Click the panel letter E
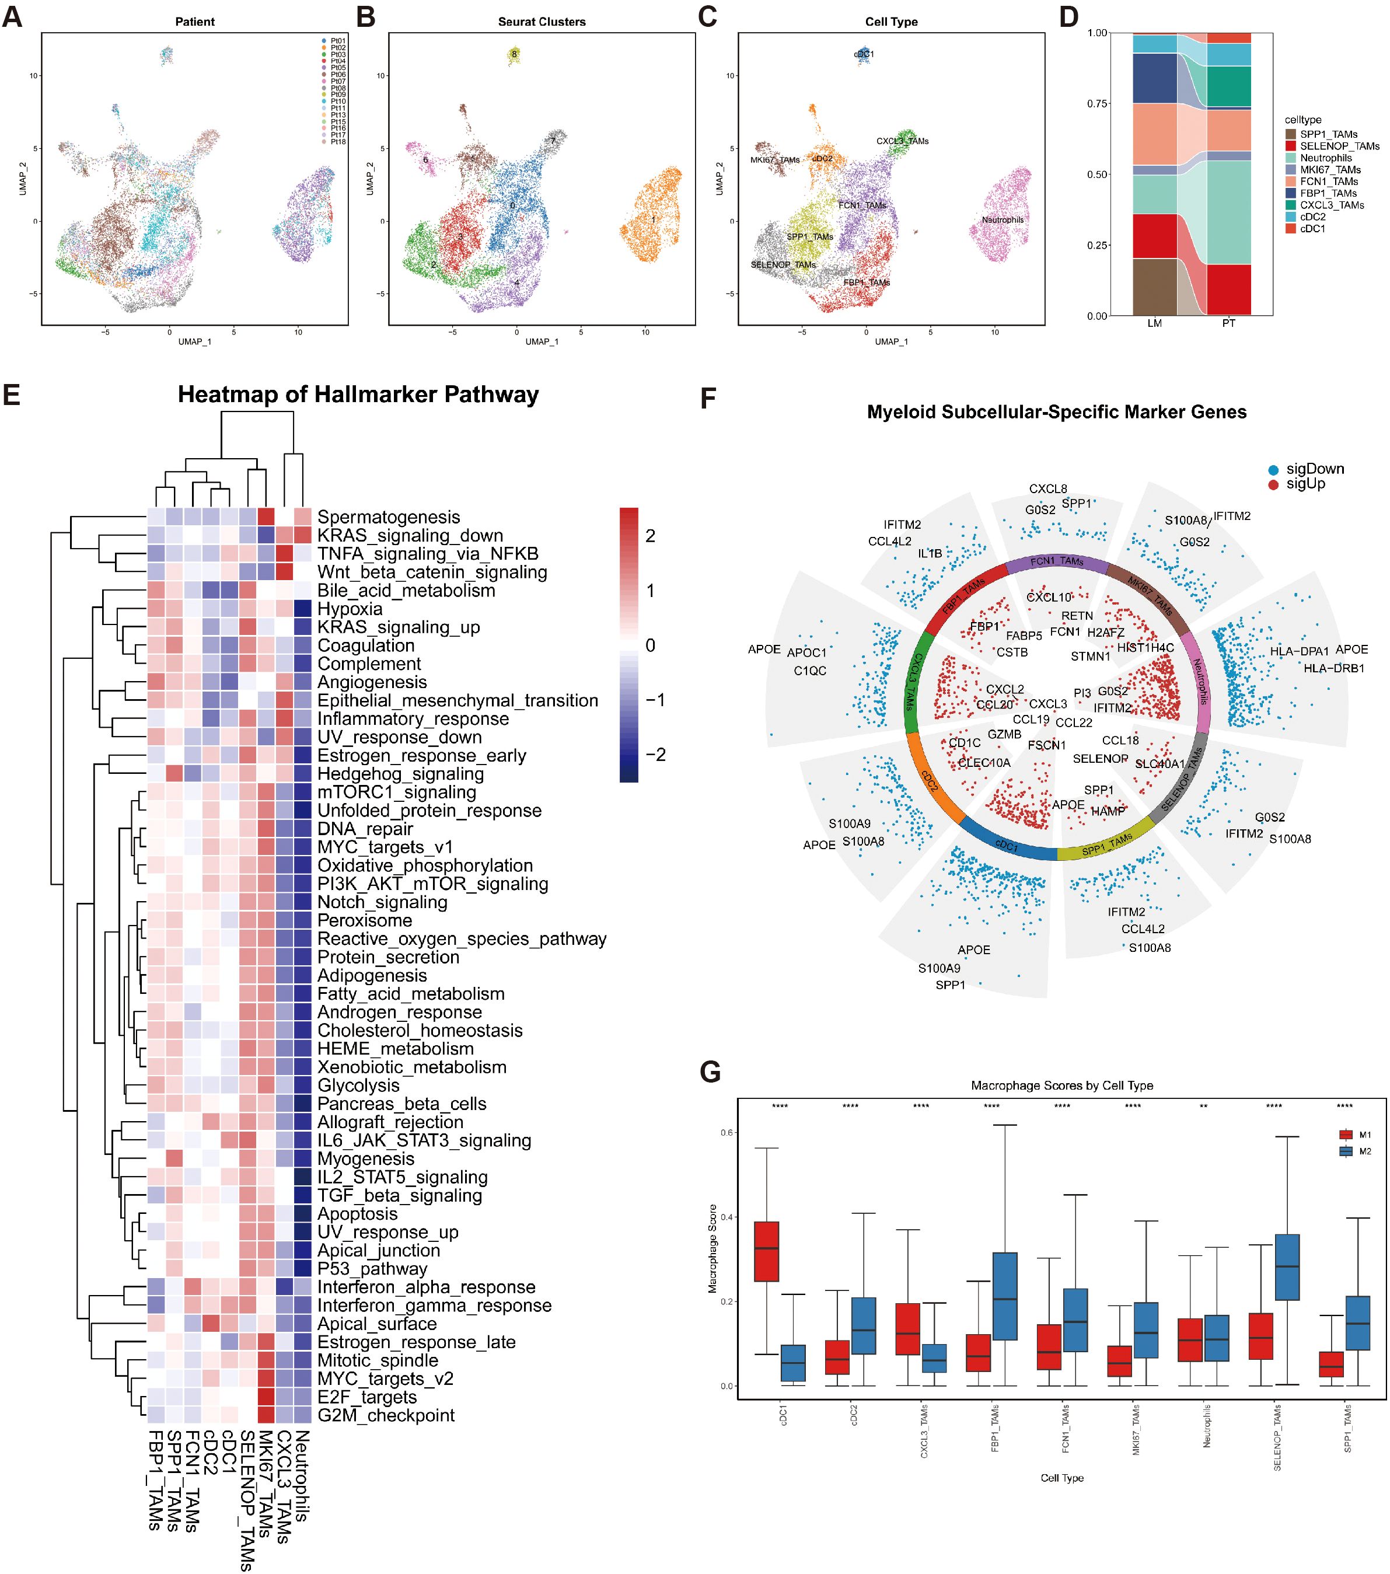pos(12,395)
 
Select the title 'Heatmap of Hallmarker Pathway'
pos(358,395)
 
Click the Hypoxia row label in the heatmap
pos(350,609)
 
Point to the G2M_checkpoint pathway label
pos(386,1415)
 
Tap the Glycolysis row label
pos(358,1086)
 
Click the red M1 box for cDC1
pos(766,1251)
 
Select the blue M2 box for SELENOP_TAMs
pos(1287,1268)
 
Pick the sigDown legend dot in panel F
pos(1274,470)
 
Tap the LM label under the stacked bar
pos(1154,323)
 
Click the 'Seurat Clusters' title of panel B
pos(542,22)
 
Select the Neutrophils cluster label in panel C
pos(1002,220)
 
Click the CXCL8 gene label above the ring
pos(1048,489)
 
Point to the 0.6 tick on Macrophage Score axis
pos(726,1133)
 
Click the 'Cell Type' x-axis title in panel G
pos(1061,1478)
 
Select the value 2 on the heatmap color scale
pos(650,536)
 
